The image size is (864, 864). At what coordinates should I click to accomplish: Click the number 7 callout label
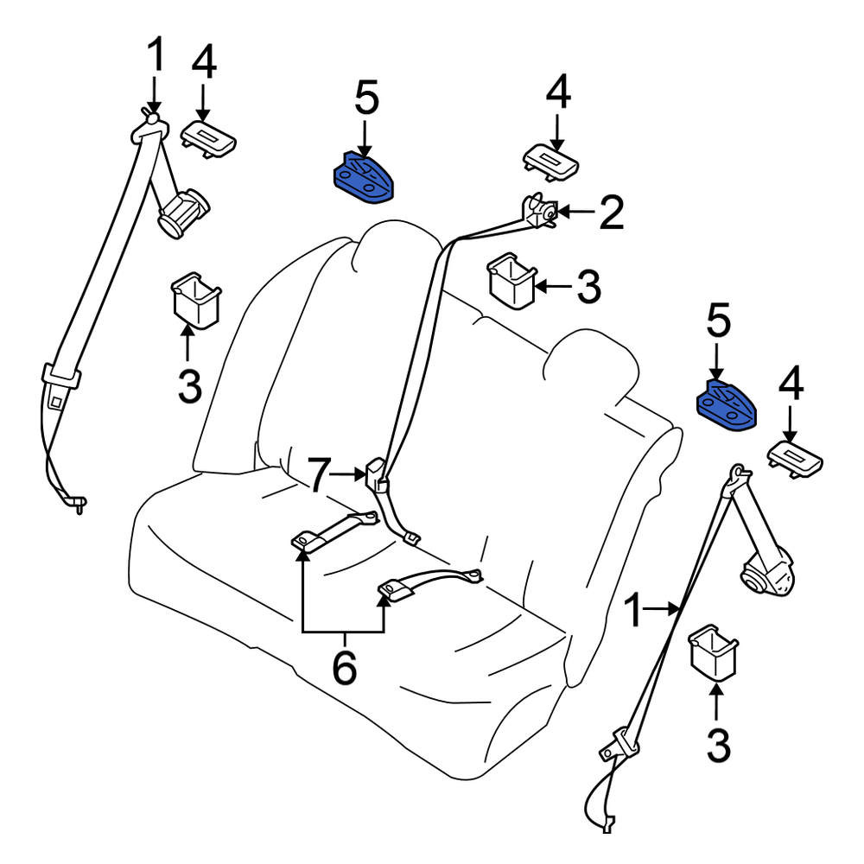tap(321, 475)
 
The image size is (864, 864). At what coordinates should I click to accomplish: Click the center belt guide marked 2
tap(541, 211)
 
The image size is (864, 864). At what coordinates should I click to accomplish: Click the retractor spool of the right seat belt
tap(766, 574)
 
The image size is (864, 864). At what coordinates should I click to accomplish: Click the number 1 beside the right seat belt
tap(635, 612)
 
